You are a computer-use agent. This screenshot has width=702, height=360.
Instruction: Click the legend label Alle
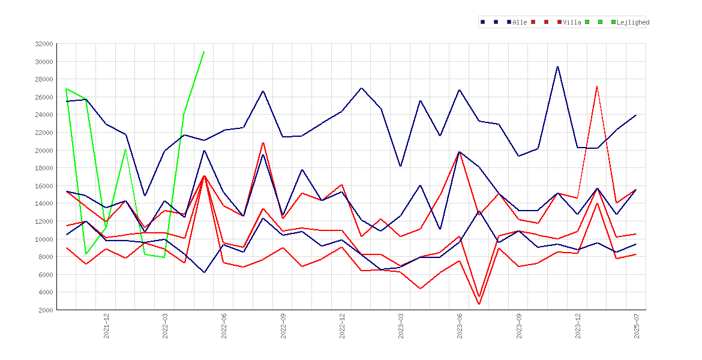tap(520, 22)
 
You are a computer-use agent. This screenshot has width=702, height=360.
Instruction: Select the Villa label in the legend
tap(572, 22)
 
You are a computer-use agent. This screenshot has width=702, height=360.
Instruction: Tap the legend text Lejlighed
tap(633, 22)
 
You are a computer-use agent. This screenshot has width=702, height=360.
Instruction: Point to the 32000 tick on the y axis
tap(44, 44)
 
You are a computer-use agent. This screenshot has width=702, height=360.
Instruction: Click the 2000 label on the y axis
tap(46, 310)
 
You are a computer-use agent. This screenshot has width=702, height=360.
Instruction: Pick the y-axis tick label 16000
tap(44, 186)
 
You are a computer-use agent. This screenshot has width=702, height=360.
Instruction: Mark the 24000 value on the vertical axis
tap(44, 115)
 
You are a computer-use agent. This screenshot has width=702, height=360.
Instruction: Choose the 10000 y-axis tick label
tap(44, 239)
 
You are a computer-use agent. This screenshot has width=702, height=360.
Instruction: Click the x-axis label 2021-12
tap(107, 326)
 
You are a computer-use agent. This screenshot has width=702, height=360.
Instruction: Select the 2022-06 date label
tap(224, 326)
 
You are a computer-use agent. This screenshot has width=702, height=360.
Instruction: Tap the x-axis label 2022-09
tap(283, 326)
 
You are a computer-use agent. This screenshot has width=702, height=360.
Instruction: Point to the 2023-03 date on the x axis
tap(401, 326)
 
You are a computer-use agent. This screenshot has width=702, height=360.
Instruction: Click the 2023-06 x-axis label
tap(460, 326)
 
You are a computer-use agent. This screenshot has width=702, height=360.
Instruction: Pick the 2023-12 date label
tap(578, 326)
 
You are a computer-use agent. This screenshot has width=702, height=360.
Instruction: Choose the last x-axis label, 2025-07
tap(637, 326)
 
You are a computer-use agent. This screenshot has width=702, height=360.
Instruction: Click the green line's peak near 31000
tap(204, 52)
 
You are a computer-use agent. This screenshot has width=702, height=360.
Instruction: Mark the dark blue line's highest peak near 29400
tap(558, 66)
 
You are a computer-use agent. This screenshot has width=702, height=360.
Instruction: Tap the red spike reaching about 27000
tap(597, 86)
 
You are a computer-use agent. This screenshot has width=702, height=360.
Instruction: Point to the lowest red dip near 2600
tap(479, 304)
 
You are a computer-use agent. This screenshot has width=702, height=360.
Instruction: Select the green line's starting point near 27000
tap(67, 89)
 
